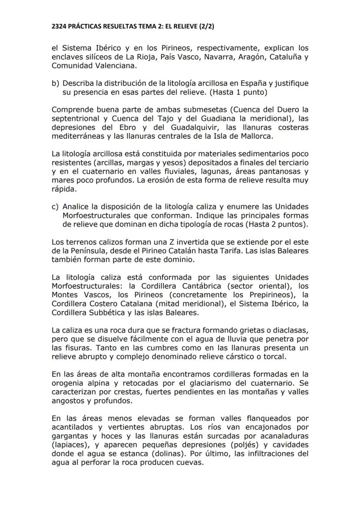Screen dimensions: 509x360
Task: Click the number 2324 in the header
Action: pos(60,27)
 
